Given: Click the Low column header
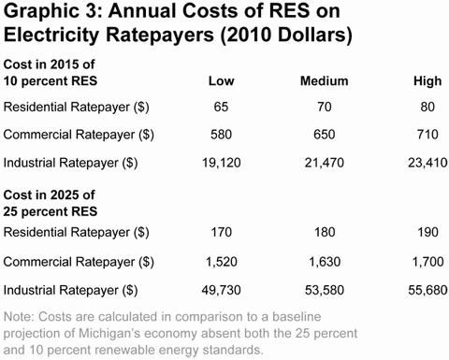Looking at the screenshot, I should tap(221, 81).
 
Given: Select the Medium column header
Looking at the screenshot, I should tap(318, 81).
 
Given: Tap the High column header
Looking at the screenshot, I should tap(427, 81).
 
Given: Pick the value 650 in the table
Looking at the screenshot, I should tap(318, 135).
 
